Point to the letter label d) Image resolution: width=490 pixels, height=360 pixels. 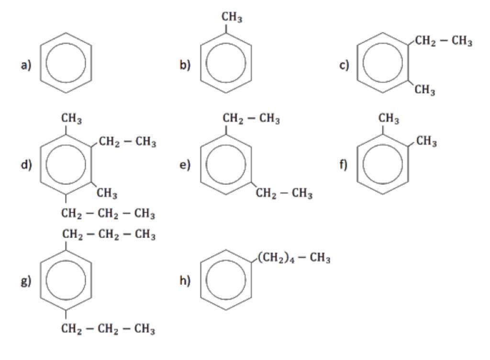[25, 166]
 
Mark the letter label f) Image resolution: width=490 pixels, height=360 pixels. [344, 166]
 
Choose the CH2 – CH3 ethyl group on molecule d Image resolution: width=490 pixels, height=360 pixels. [127, 142]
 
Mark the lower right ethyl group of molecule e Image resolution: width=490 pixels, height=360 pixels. [284, 194]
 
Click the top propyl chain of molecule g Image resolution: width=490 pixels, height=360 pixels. [108, 235]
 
